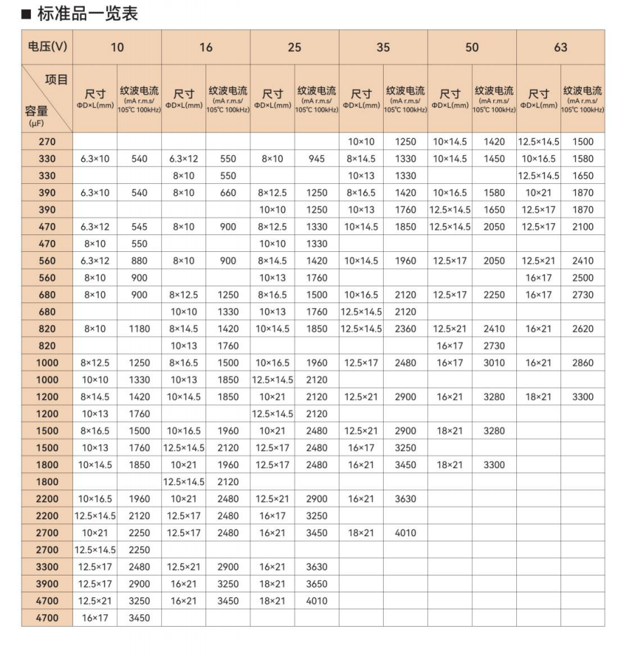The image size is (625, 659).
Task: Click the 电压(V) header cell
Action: tap(47, 48)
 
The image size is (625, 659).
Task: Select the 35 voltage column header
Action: tap(382, 48)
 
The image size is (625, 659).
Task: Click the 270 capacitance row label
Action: tap(47, 142)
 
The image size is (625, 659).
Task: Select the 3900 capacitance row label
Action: tap(47, 583)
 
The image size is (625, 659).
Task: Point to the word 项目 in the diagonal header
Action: tap(56, 79)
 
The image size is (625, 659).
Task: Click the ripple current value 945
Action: tap(316, 159)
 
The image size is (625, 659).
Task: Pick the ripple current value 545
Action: tap(139, 227)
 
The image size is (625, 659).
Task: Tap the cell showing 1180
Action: tap(139, 329)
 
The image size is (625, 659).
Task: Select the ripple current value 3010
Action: tap(494, 363)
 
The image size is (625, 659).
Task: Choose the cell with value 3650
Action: tap(316, 583)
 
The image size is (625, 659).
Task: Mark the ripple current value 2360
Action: tap(405, 329)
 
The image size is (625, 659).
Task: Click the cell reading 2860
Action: tap(582, 363)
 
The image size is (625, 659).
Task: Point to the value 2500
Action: tap(582, 278)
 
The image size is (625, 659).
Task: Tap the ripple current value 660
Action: tap(228, 194)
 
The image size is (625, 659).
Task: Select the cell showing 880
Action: tap(139, 261)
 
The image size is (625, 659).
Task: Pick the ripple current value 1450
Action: tap(494, 159)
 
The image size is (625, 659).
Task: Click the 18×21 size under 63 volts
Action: tap(538, 397)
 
